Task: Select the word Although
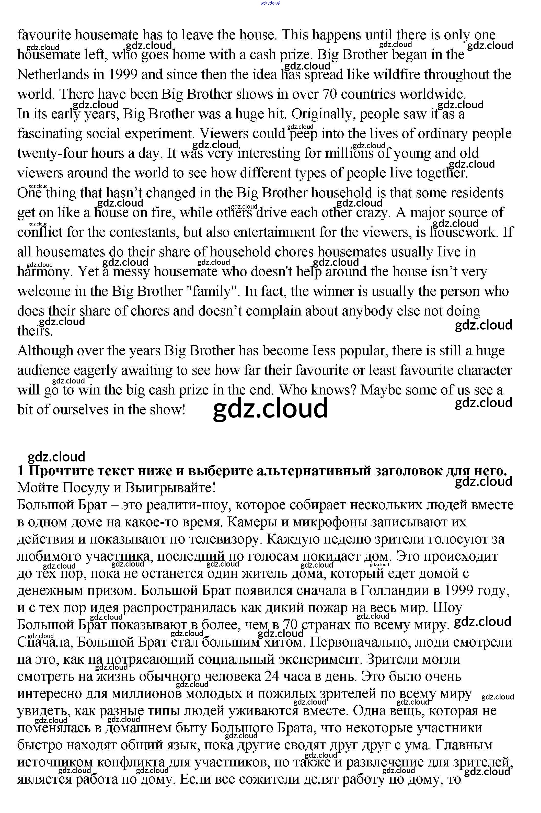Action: pos(45,351)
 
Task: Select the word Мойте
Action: pos(37,488)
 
